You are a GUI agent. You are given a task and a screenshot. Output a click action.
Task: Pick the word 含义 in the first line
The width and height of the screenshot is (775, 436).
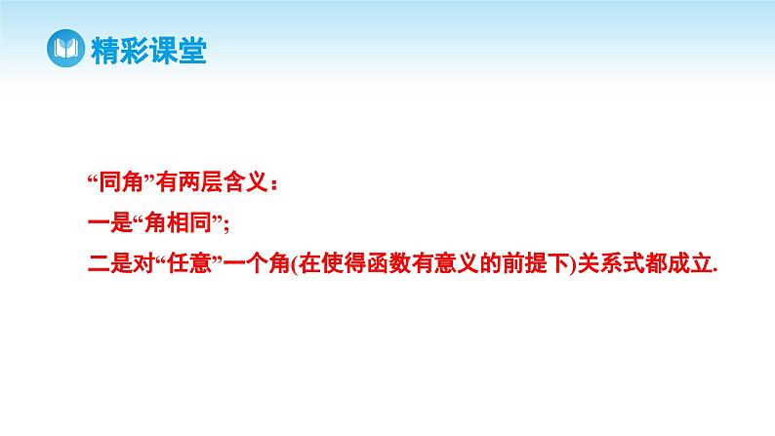[x=226, y=182]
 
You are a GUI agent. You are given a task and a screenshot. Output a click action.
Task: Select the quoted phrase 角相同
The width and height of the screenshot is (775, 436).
[x=170, y=223]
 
